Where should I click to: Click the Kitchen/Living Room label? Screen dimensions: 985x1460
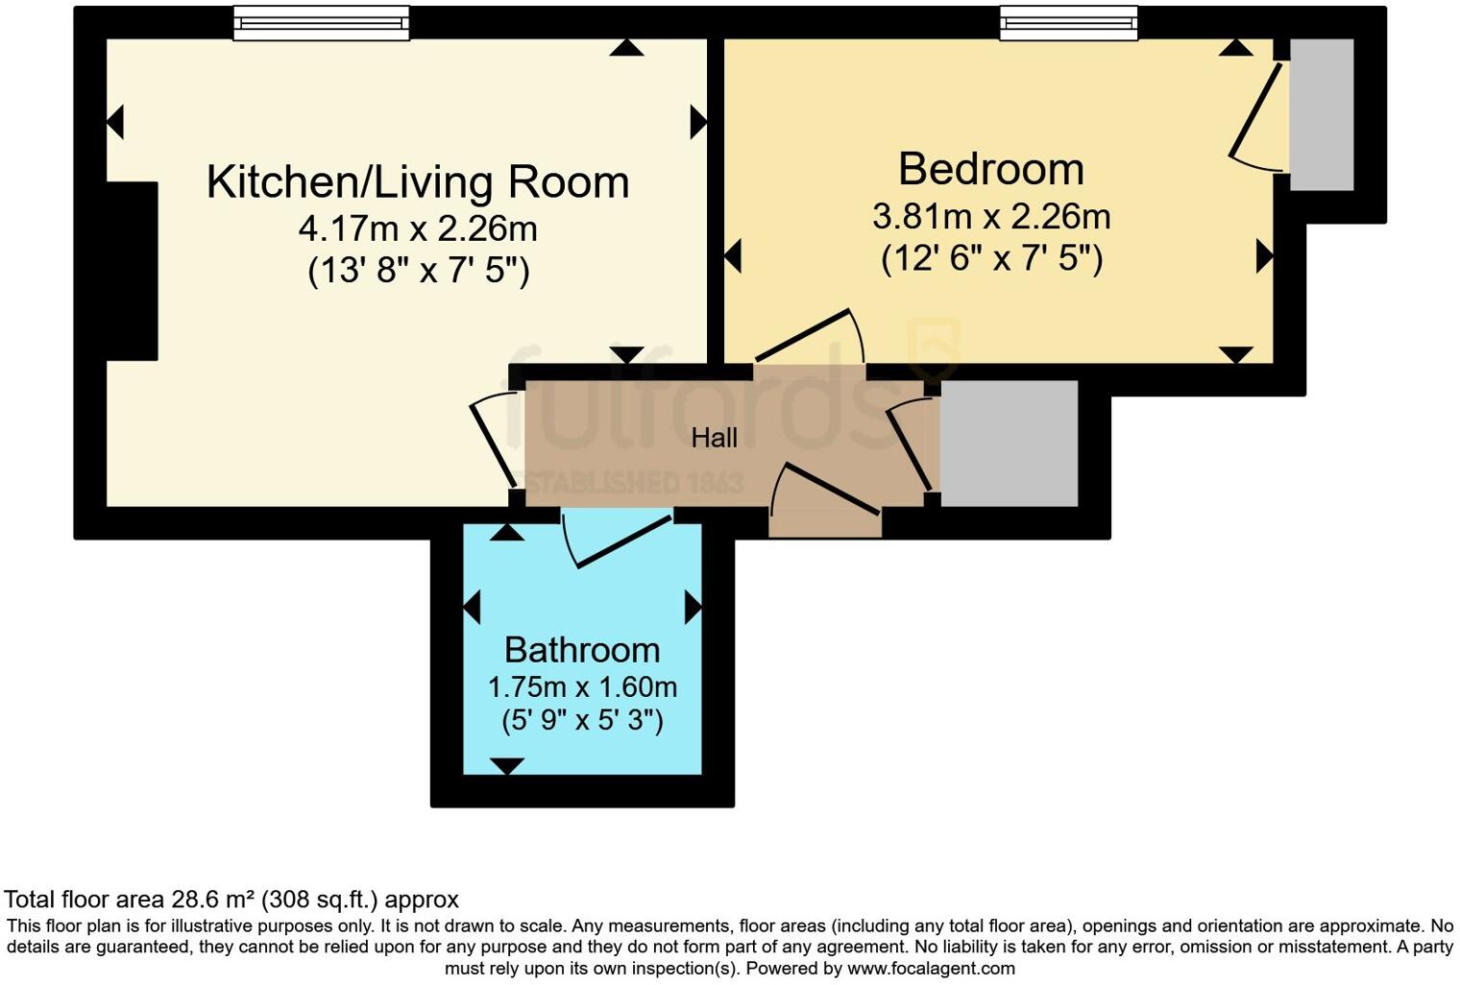coord(418,182)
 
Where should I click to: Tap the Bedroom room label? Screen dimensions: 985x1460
coord(990,170)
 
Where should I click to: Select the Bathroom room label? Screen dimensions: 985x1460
coord(582,650)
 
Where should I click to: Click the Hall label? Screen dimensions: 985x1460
coord(714,438)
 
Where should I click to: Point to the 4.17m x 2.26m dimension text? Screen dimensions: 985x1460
coord(418,229)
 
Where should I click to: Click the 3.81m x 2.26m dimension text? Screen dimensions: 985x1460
coord(990,216)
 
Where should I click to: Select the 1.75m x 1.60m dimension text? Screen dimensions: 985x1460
coord(582,687)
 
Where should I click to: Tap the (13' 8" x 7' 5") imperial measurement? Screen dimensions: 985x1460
coord(418,271)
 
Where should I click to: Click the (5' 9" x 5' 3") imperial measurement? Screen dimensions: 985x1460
coord(582,720)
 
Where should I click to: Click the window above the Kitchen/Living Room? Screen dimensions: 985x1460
coord(321,23)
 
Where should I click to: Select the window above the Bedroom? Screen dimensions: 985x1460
coord(1068,23)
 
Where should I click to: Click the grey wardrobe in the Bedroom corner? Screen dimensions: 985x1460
coord(1321,114)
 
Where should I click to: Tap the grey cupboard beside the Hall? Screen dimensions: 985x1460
coord(1009,443)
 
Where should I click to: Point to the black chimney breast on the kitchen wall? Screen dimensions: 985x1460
coord(132,271)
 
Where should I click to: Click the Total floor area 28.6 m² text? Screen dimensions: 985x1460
coord(231,900)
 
